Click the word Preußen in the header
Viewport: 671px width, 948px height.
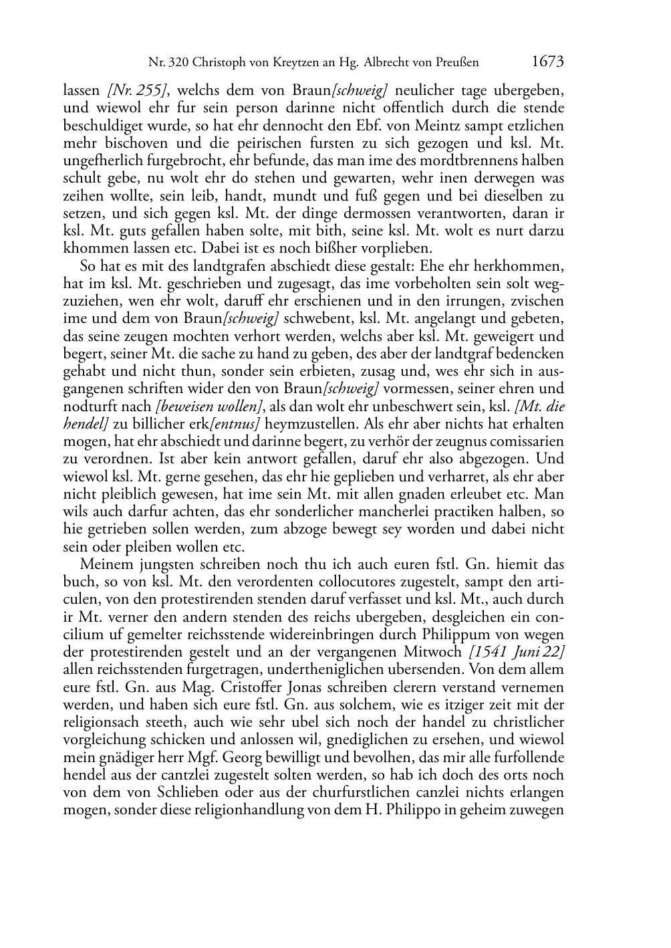tap(456, 63)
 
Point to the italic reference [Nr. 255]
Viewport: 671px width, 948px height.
tap(132, 90)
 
